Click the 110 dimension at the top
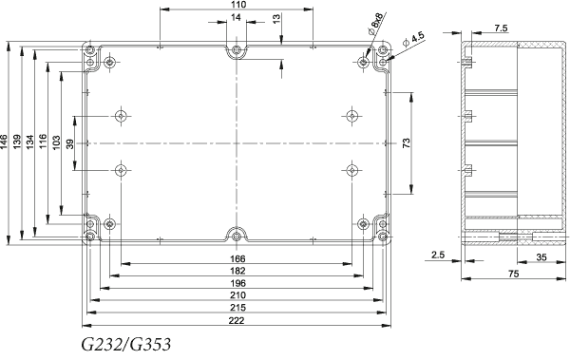238,5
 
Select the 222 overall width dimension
237,320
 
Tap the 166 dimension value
237,258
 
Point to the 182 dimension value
237,271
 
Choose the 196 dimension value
237,283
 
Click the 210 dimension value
237,294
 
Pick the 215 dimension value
237,308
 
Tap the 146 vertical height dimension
4,142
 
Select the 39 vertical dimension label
70,144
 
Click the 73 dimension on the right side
407,142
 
